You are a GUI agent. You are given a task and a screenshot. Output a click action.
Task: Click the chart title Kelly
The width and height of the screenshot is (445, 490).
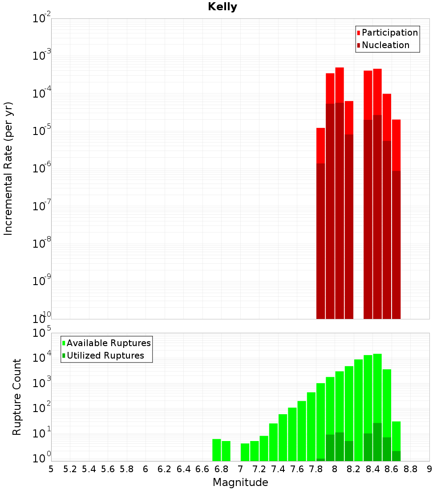tap(222, 7)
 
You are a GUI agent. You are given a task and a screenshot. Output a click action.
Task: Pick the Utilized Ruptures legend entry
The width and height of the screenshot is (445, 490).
tap(105, 355)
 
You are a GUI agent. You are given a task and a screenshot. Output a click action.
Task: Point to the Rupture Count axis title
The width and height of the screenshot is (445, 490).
tap(17, 396)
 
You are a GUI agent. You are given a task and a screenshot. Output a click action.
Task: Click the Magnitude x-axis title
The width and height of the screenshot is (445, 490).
tap(240, 482)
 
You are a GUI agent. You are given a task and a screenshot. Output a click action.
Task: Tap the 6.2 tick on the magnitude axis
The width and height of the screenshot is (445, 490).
tap(165, 469)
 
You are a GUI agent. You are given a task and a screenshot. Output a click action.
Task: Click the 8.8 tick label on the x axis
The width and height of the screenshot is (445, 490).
tap(411, 469)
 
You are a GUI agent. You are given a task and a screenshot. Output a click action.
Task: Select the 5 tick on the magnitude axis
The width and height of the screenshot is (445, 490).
tap(51, 469)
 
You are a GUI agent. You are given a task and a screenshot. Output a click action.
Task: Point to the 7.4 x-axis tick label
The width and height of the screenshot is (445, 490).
tap(278, 469)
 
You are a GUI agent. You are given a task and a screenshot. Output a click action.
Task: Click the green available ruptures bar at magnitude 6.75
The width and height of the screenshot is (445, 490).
tap(217, 450)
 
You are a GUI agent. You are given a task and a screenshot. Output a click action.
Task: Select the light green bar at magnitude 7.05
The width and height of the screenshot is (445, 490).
tap(245, 452)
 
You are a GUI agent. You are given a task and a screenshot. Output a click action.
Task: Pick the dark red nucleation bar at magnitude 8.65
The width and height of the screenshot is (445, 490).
tap(396, 245)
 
